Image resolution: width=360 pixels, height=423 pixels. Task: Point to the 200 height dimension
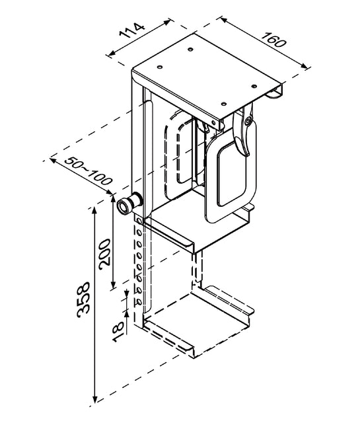click(x=104, y=252)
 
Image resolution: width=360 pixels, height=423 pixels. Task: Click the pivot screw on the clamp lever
click(x=248, y=120)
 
